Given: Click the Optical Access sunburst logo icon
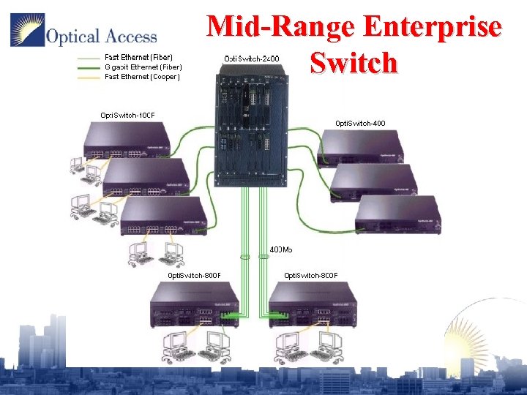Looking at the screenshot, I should [26, 30].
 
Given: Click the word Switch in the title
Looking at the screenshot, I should [354, 63].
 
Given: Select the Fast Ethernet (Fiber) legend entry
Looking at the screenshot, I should [138, 56].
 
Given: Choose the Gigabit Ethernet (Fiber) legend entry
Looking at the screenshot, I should [143, 67].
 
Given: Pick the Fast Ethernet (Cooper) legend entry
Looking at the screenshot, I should [142, 77].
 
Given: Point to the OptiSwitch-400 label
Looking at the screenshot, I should [359, 123].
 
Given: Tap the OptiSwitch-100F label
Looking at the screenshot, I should [127, 114].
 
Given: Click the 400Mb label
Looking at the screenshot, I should [281, 249].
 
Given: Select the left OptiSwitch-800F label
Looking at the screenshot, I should [195, 275].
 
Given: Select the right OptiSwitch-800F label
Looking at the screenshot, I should [310, 275].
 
